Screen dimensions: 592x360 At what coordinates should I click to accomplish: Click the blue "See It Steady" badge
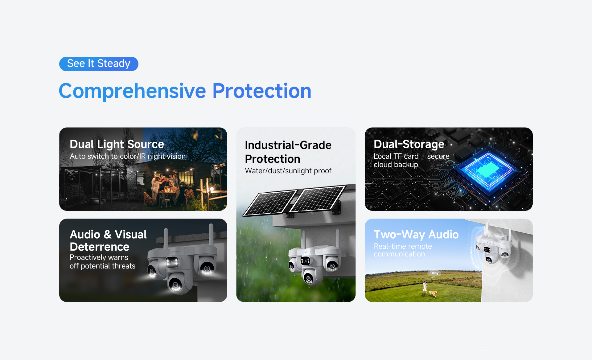coord(99,64)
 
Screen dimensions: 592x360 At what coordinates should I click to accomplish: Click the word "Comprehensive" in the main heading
coord(132,91)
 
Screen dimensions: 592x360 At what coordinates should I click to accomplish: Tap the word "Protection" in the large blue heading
coord(262,91)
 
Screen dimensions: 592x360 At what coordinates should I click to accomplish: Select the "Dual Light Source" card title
coord(117,144)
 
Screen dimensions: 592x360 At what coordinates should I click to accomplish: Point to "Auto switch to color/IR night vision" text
coord(128,156)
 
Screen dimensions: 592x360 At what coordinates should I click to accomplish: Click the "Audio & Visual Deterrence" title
coord(108,240)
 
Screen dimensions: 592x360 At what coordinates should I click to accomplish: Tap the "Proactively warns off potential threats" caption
coord(102,262)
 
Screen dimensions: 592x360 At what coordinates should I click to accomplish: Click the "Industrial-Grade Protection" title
coord(288,152)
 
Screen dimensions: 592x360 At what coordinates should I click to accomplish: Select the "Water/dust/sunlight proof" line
coord(288,171)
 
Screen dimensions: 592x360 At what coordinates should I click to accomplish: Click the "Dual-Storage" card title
coord(409,144)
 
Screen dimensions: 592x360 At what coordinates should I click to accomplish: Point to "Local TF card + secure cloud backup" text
coord(411,160)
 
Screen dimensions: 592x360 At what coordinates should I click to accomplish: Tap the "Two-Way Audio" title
coord(416,235)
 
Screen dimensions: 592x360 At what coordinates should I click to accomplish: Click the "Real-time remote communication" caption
coord(403,250)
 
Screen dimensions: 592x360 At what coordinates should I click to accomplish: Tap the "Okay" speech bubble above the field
coord(434,273)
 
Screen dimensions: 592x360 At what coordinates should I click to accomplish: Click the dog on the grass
coord(433,293)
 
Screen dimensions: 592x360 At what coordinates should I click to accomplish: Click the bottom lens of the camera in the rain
coord(309,278)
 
